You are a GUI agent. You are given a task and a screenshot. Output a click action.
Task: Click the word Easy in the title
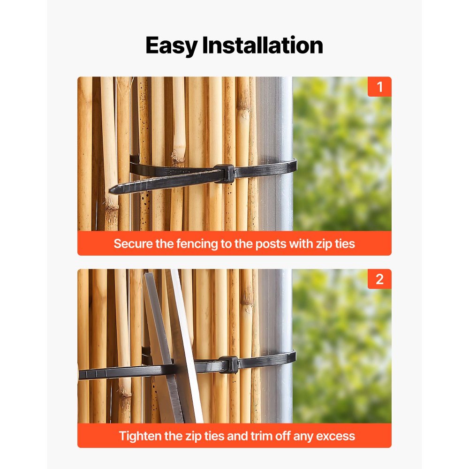171,46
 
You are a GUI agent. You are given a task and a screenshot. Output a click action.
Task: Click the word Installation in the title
263,46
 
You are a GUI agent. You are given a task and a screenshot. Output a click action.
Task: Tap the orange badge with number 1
379,87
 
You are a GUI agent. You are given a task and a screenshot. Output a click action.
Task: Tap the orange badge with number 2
379,279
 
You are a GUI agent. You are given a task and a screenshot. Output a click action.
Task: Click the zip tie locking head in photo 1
224,173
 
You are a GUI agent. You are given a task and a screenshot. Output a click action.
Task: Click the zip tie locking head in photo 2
229,364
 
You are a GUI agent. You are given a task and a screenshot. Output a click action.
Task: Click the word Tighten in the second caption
138,436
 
